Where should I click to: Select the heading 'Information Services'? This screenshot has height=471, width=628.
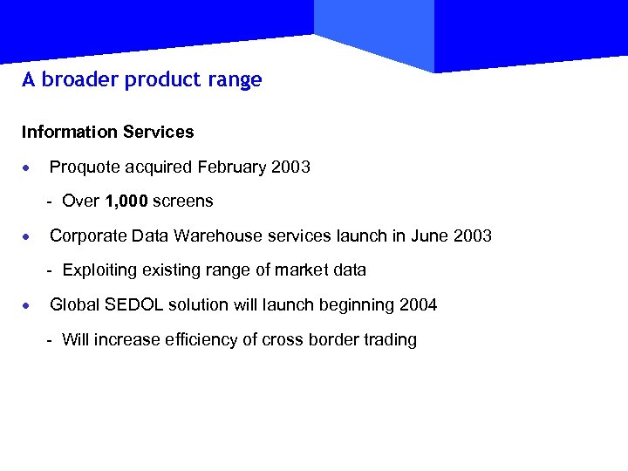click(108, 133)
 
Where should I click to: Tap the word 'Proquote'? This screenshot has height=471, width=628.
click(84, 167)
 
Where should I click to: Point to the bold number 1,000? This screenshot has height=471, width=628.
click(126, 201)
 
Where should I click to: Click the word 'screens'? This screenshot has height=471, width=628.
click(183, 201)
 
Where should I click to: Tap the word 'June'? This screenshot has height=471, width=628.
click(427, 235)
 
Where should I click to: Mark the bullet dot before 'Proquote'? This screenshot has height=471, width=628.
click(29, 167)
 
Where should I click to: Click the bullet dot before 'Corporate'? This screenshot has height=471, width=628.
click(29, 236)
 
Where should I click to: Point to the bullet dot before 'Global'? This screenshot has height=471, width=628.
click(29, 306)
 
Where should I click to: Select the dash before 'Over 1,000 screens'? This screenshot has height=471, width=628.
click(51, 202)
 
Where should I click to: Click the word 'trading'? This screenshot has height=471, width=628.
click(391, 340)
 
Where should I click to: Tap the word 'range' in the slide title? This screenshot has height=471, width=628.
click(239, 80)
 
